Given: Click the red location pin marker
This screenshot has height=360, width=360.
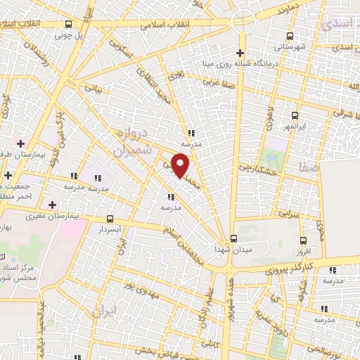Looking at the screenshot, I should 181,166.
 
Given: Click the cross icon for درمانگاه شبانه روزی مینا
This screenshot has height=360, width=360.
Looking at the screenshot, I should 240,53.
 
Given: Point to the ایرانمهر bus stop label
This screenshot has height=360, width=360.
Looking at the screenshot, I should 295,127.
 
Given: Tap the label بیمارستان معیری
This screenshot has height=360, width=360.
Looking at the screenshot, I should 51,216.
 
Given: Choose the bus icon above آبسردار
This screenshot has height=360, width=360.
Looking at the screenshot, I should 109,219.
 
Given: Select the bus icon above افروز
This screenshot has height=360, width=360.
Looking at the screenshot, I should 304,239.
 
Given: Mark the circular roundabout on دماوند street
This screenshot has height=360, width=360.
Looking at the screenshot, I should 242,22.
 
